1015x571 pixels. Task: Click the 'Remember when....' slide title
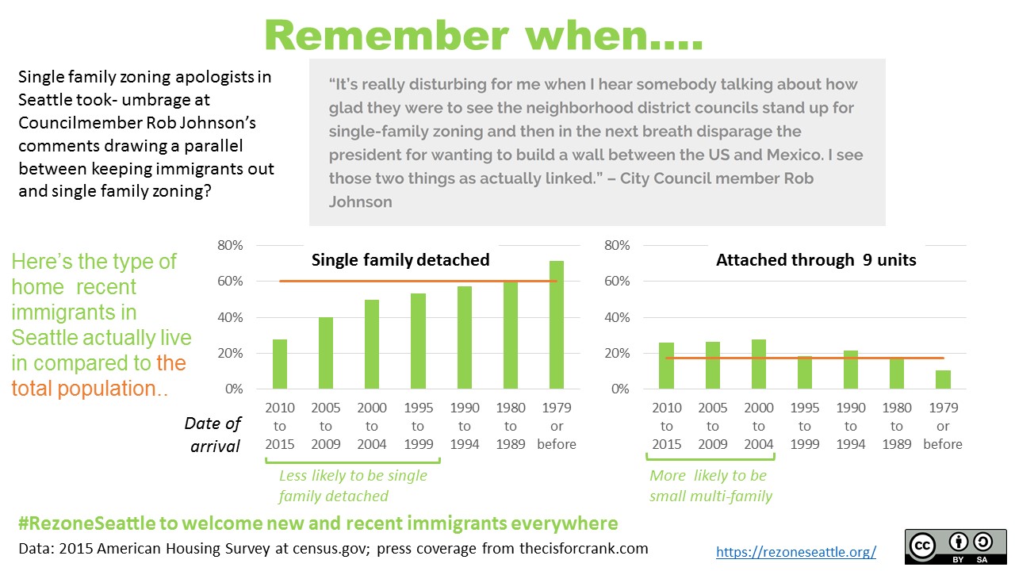483,36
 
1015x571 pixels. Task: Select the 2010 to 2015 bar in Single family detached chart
280,364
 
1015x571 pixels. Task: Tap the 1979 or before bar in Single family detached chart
557,325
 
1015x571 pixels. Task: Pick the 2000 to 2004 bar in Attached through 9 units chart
758,364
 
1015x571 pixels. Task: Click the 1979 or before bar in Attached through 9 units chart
943,380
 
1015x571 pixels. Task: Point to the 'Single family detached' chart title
400,260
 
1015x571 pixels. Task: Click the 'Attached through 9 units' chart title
816,260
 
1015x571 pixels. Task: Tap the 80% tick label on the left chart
230,246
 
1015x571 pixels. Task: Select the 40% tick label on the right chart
617,318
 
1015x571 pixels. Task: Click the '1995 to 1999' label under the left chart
418,426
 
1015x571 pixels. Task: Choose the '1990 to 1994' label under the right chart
851,426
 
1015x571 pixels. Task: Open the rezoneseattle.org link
796,551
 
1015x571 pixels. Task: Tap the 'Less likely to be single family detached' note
353,485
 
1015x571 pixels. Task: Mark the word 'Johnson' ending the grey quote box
361,201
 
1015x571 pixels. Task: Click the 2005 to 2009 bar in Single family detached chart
326,353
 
